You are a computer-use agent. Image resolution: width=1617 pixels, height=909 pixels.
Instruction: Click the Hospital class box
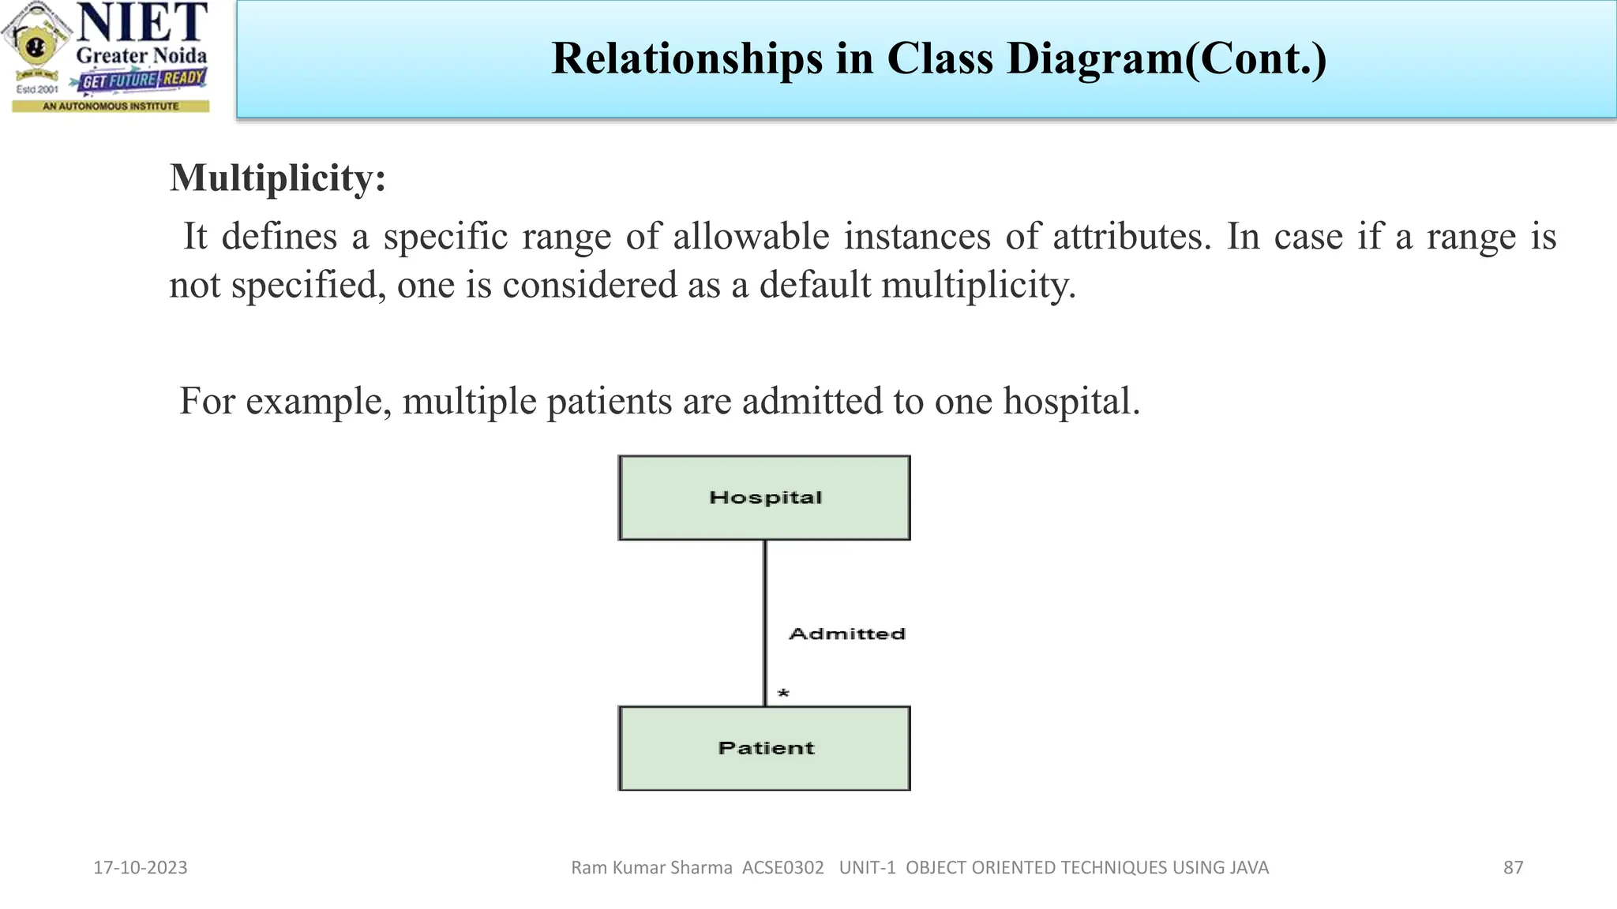764,498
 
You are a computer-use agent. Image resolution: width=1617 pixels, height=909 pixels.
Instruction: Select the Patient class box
764,748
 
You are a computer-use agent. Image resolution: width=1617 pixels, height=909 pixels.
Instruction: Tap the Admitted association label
846,634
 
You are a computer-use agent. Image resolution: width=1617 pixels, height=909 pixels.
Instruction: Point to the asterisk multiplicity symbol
783,694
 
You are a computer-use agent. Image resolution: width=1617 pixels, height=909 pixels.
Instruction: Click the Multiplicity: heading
278,178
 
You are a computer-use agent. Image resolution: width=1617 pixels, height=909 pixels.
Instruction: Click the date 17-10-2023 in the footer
141,868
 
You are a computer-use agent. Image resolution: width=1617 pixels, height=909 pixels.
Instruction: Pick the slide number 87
1513,868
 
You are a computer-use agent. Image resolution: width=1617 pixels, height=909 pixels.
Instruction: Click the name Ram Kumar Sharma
651,868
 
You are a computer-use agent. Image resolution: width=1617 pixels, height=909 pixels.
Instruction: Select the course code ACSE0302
782,868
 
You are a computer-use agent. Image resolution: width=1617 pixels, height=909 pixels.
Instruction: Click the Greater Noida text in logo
141,56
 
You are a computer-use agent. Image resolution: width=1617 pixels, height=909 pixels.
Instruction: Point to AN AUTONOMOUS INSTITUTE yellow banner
111,106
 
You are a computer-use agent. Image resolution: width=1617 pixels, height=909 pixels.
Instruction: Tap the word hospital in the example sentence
1071,401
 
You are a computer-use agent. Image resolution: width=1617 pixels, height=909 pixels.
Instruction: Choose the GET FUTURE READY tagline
142,80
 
